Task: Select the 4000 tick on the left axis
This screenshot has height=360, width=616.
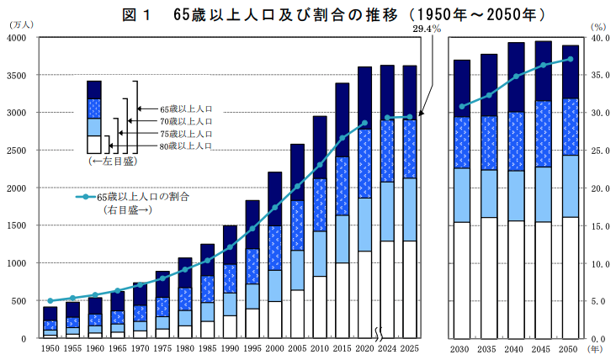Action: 18,38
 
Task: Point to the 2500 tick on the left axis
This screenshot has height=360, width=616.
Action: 18,151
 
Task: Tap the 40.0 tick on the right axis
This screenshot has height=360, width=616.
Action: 599,38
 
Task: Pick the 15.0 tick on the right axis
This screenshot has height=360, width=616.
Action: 599,226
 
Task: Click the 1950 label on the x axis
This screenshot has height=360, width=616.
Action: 50,347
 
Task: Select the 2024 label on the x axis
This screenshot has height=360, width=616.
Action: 387,347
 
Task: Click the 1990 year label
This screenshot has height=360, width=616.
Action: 230,347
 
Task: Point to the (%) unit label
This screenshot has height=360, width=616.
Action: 598,27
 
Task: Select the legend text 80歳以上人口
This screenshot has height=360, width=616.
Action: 185,146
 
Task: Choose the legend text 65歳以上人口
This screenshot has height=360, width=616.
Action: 185,109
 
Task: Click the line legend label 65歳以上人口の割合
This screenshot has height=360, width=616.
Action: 143,197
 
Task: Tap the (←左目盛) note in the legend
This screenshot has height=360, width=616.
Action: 107,160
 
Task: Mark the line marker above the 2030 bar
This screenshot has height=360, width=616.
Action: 461,106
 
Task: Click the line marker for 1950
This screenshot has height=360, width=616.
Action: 50,300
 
